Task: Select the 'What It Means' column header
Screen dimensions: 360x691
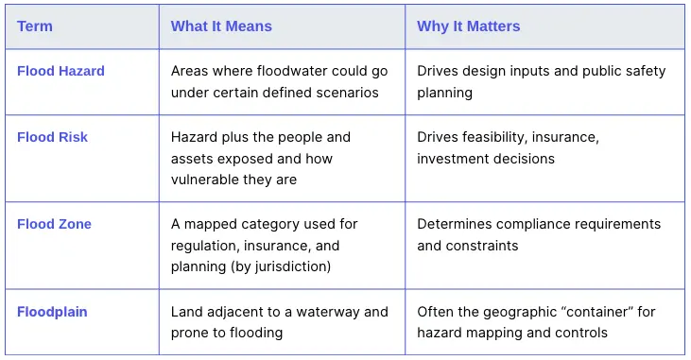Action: pos(221,26)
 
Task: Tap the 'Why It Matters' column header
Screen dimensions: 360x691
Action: pos(468,26)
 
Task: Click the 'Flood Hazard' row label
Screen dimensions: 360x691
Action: pos(60,71)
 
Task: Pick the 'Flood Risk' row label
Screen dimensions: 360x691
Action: pos(52,137)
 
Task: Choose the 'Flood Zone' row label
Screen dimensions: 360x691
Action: pos(54,224)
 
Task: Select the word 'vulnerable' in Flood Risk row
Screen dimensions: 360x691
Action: pos(205,180)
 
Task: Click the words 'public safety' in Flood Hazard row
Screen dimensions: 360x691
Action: pos(623,71)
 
